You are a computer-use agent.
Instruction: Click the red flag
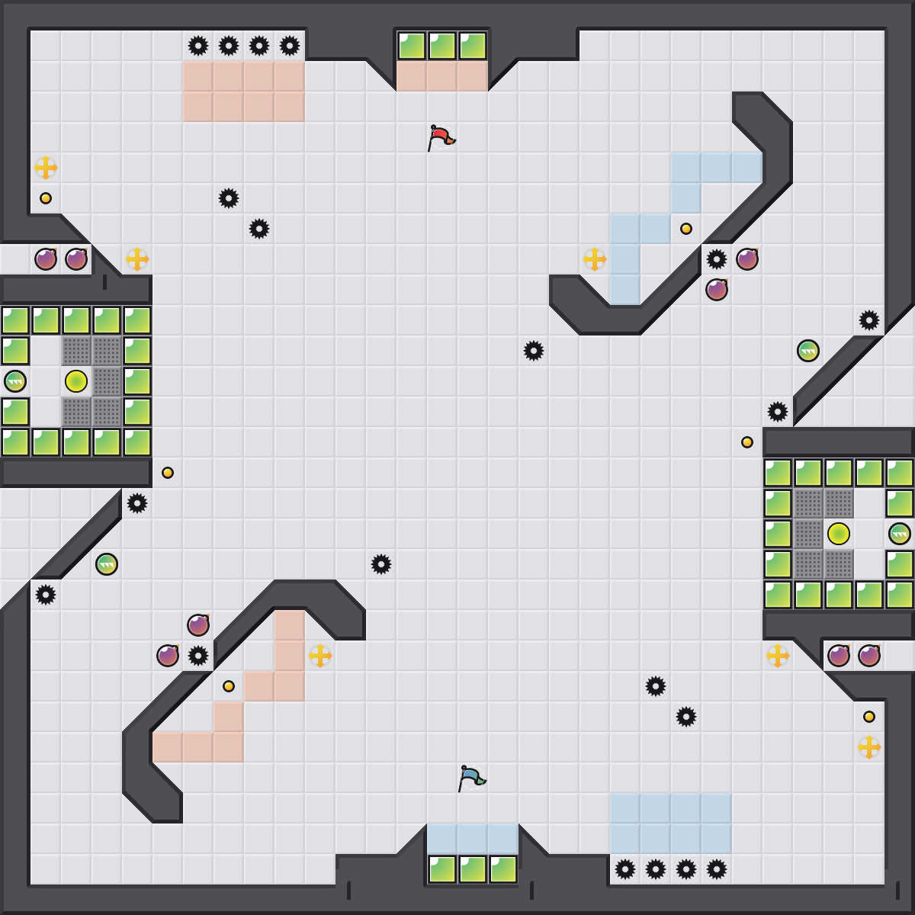(x=440, y=137)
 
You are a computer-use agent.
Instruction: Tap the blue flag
(x=470, y=778)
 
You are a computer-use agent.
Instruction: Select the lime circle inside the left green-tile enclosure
(x=76, y=381)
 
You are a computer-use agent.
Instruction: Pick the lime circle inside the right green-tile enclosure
(x=839, y=534)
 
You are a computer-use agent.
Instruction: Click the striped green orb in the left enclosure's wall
(x=15, y=381)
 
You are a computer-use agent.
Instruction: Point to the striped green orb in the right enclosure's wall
(x=900, y=534)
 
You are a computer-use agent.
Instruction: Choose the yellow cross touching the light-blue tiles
(x=595, y=259)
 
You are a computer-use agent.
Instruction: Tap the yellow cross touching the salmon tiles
(x=320, y=656)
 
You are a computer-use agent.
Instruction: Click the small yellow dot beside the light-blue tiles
(x=686, y=229)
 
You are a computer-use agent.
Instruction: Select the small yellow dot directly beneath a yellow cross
(x=46, y=198)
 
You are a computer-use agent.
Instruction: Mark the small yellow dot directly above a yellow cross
(x=869, y=717)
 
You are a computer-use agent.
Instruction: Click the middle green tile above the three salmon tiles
(x=442, y=46)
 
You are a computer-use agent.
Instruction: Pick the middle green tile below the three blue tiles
(x=473, y=869)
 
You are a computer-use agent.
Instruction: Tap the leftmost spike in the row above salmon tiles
(x=198, y=46)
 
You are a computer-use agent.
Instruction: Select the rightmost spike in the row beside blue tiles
(x=717, y=869)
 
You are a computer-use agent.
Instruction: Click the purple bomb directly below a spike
(x=717, y=290)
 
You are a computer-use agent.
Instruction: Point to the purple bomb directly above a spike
(x=198, y=625)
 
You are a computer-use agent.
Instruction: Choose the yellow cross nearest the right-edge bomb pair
(x=778, y=656)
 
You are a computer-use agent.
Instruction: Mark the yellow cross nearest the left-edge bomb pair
(x=137, y=259)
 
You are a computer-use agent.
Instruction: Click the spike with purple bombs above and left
(x=198, y=656)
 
